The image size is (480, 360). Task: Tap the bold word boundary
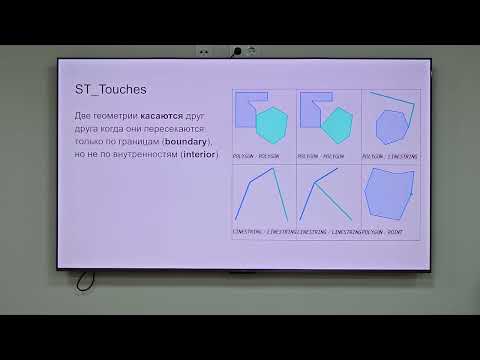[184, 142]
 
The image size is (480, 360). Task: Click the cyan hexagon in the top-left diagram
[272, 125]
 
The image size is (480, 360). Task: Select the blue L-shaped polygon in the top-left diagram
[247, 109]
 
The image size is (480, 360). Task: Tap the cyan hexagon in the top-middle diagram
[338, 125]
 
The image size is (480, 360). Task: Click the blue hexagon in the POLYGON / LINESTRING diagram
[391, 128]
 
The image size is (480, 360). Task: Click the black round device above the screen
[236, 49]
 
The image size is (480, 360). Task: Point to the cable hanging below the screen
[84, 279]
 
